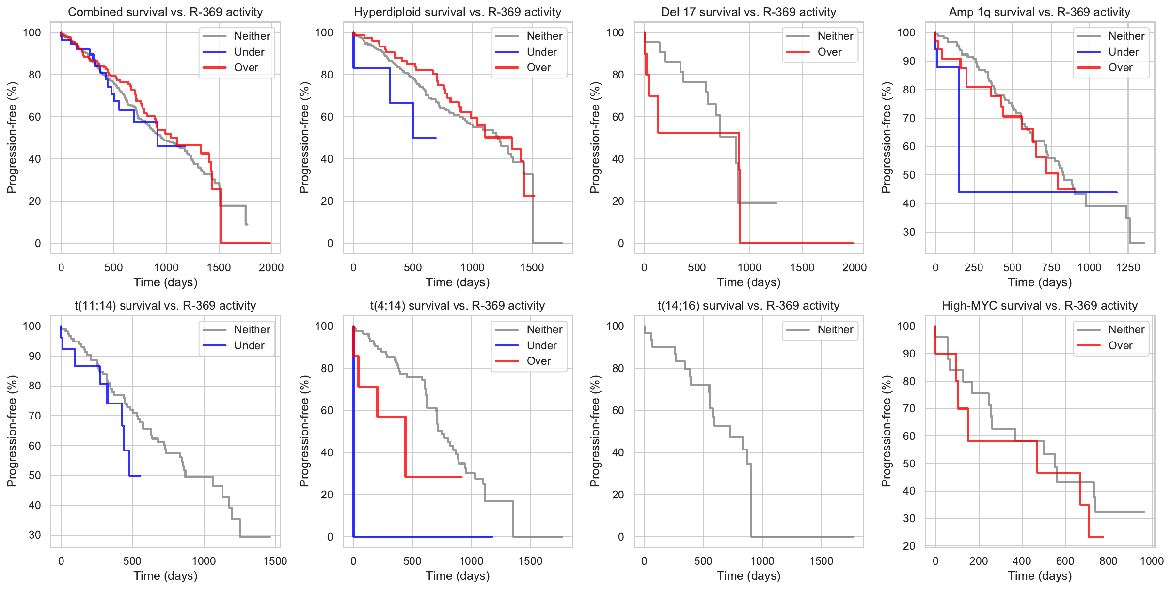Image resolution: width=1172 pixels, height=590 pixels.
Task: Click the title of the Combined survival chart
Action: (165, 12)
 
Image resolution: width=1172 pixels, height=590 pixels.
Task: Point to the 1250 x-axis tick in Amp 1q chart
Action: (1128, 267)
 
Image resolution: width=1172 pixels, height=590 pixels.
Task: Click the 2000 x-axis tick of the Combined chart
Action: (271, 267)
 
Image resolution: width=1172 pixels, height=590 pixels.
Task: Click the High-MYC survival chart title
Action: (1039, 306)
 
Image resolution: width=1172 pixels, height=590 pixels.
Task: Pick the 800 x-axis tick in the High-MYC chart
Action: (1109, 561)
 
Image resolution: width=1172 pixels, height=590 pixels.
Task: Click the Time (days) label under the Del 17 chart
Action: (748, 282)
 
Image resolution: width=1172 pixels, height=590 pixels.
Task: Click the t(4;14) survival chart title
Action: (457, 306)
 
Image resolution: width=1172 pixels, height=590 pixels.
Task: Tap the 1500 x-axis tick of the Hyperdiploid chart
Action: (532, 267)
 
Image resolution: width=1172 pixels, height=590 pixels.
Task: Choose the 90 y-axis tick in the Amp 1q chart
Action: (906, 62)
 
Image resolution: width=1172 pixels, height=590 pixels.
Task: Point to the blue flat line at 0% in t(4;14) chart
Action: (422, 537)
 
